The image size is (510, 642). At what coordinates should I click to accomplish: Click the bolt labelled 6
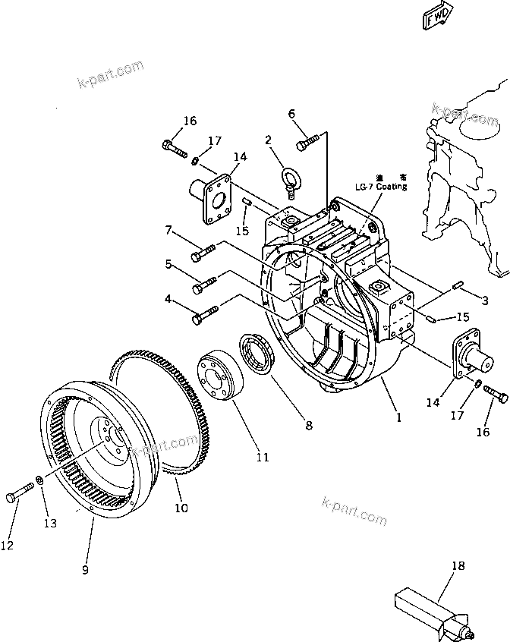click(307, 140)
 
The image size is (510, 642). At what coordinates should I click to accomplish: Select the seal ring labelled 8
click(257, 355)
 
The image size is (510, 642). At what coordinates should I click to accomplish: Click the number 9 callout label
click(85, 569)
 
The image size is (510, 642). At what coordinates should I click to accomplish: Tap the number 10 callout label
click(181, 508)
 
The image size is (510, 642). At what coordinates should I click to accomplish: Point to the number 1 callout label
click(398, 417)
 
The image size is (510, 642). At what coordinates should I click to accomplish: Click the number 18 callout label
click(457, 565)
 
